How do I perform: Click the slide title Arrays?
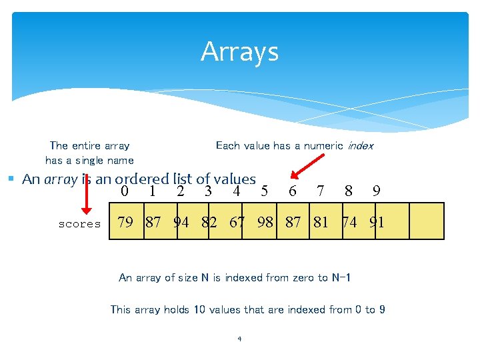point(239,52)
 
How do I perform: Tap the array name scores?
point(79,224)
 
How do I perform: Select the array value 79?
point(125,223)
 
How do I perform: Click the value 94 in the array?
point(181,223)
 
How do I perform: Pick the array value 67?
point(237,223)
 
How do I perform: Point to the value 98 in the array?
point(265,223)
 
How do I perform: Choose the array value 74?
point(349,223)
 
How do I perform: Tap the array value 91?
point(377,223)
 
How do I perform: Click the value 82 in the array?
point(209,223)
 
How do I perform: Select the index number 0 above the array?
point(125,192)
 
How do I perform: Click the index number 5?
point(265,192)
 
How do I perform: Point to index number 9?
point(377,192)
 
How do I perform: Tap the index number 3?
point(208,192)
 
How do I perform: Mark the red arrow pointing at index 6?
point(309,167)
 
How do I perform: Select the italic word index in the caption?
point(360,145)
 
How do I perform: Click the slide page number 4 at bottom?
point(239,339)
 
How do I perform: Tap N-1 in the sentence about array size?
point(341,277)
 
